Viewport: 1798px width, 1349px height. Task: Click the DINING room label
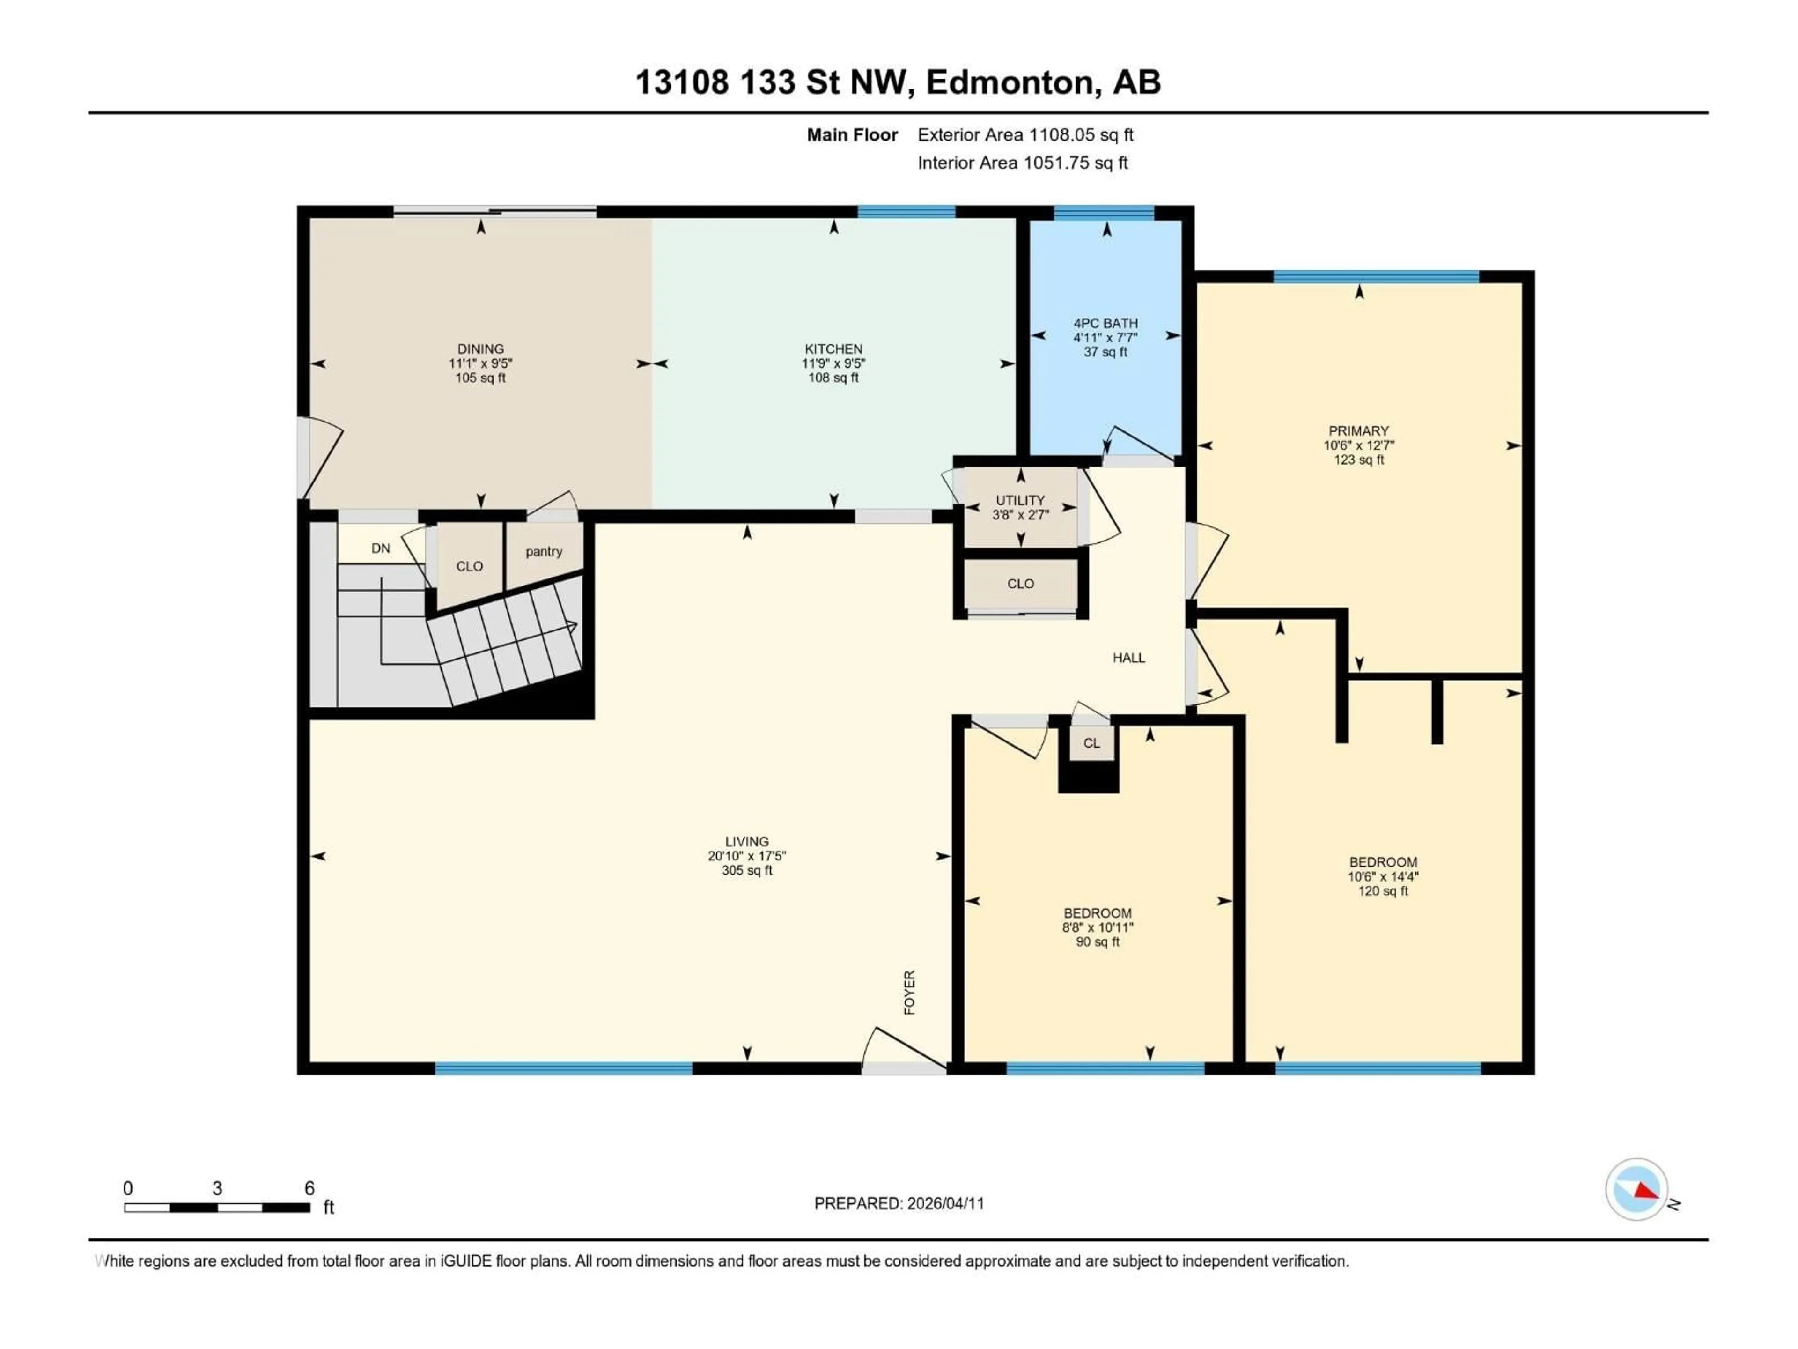[x=480, y=349]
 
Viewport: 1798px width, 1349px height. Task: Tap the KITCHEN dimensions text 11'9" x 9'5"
[x=833, y=363]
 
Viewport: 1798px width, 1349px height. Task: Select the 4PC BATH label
[x=1105, y=323]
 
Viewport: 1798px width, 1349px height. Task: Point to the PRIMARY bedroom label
[x=1358, y=431]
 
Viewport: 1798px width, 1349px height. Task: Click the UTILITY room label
[x=1020, y=500]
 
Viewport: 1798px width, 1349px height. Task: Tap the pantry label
[x=544, y=551]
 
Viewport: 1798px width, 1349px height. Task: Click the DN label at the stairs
[x=380, y=548]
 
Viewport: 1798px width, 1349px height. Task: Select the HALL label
[x=1128, y=658]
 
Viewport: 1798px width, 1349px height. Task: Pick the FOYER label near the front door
[x=910, y=992]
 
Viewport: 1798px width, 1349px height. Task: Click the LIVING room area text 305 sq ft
[x=747, y=870]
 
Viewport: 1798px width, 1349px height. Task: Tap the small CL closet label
[x=1091, y=743]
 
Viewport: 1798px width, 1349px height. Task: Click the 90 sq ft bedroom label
[x=1098, y=913]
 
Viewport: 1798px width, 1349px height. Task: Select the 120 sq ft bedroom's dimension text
[x=1383, y=876]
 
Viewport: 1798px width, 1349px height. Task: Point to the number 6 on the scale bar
[x=309, y=1188]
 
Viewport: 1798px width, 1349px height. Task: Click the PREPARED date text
[x=899, y=1203]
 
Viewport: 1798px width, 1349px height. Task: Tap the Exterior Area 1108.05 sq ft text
[x=1025, y=135]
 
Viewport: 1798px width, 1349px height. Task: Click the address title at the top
[x=898, y=82]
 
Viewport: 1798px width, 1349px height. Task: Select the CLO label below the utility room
[x=1020, y=584]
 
